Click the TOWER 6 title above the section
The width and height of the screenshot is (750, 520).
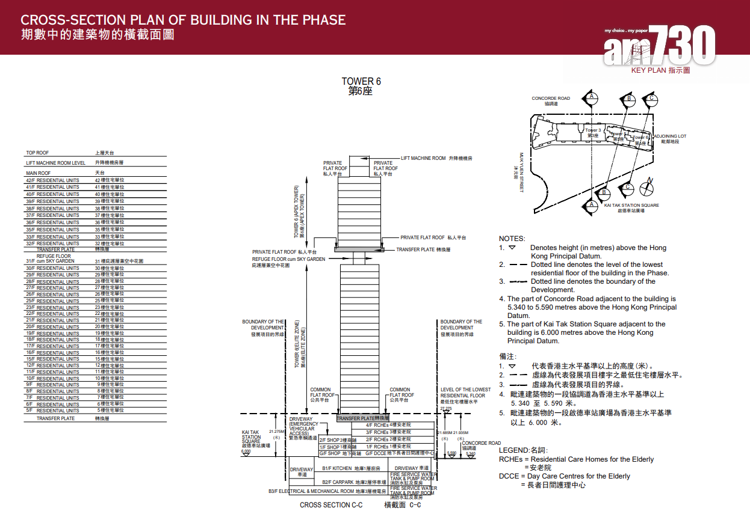coord(361,82)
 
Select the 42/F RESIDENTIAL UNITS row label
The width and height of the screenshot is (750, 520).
coord(52,180)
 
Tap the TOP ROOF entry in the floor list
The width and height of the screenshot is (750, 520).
coord(37,153)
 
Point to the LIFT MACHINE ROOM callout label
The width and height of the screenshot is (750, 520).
coord(423,158)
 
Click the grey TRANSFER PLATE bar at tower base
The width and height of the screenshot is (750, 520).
coord(363,417)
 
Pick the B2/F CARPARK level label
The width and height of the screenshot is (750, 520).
coord(336,482)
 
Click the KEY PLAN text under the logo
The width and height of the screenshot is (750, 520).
coord(660,70)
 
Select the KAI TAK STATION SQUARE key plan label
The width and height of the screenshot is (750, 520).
coord(630,206)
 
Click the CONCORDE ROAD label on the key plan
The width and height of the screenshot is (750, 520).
coord(550,99)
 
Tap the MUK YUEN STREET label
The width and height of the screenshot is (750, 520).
coord(522,172)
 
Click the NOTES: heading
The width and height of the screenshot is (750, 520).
coord(512,239)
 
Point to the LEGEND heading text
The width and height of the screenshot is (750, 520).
coord(523,450)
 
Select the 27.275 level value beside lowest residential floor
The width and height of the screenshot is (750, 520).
coord(446,408)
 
